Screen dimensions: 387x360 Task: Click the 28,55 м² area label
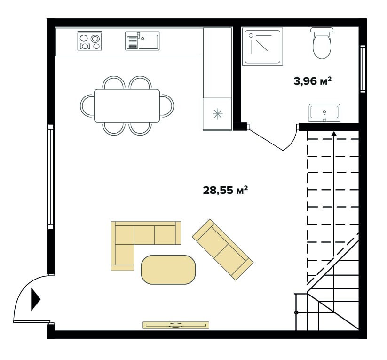pyautogui.click(x=225, y=191)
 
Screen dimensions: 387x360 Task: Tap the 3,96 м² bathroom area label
pyautogui.click(x=312, y=81)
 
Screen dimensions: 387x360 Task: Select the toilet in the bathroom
pyautogui.click(x=322, y=43)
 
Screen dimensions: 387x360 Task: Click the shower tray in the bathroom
pyautogui.click(x=262, y=47)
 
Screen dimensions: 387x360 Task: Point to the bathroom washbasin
pyautogui.click(x=324, y=113)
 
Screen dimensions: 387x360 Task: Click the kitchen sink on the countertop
pyautogui.click(x=142, y=41)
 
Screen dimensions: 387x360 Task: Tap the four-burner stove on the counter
pyautogui.click(x=89, y=41)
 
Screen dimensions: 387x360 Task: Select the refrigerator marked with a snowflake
pyautogui.click(x=217, y=114)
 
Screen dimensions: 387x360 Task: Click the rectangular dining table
pyautogui.click(x=127, y=106)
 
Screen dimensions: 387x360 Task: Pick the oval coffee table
pyautogui.click(x=168, y=270)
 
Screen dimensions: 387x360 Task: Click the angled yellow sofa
pyautogui.click(x=222, y=249)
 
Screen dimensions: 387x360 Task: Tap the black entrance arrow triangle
pyautogui.click(x=35, y=299)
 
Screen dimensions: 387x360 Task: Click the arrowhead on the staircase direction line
pyautogui.click(x=334, y=134)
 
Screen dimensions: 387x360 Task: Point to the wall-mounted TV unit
pyautogui.click(x=176, y=325)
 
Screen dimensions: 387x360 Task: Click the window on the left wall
pyautogui.click(x=51, y=176)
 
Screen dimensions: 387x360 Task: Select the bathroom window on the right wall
pyautogui.click(x=363, y=69)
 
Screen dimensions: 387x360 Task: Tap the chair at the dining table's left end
pyautogui.click(x=87, y=106)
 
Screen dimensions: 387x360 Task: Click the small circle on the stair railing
pyautogui.click(x=296, y=312)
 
